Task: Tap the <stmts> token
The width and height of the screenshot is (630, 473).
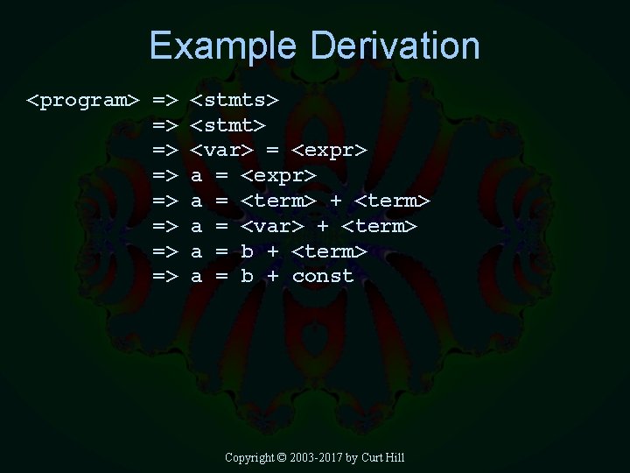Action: [x=241, y=101]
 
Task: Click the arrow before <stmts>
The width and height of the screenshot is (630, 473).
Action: [x=165, y=101]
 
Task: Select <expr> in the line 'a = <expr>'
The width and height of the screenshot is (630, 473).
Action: [x=278, y=176]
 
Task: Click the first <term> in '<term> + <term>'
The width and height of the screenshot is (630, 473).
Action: [x=278, y=201]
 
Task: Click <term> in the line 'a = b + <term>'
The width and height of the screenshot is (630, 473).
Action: [x=329, y=252]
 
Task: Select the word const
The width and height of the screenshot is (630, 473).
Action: [x=323, y=277]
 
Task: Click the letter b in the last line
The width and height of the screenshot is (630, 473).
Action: [x=248, y=277]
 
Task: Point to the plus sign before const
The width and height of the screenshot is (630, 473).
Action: [x=273, y=277]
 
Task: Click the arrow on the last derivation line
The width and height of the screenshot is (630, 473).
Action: [x=165, y=277]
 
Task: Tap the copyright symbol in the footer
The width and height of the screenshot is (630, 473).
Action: [x=281, y=457]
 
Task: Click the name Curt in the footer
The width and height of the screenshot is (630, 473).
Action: [x=372, y=457]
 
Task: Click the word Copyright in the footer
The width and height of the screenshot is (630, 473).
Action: [x=249, y=457]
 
